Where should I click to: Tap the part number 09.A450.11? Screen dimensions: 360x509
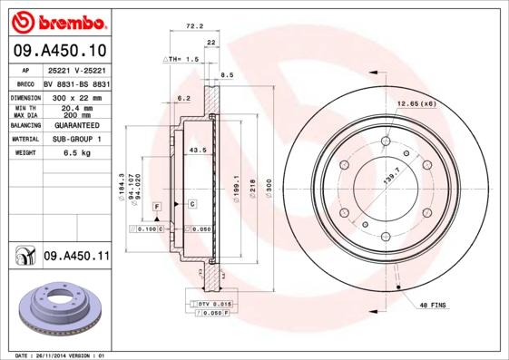[x=76, y=258]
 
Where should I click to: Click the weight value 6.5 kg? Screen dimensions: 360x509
[x=76, y=153]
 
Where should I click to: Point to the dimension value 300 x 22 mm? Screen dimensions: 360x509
[x=76, y=96]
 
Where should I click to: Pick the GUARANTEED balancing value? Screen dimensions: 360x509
[x=76, y=126]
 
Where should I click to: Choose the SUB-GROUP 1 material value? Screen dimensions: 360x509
[x=76, y=140]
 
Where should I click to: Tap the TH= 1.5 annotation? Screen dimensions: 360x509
[x=181, y=59]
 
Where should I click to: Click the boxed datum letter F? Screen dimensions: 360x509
[x=157, y=208]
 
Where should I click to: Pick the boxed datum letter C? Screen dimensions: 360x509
[x=192, y=204]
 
